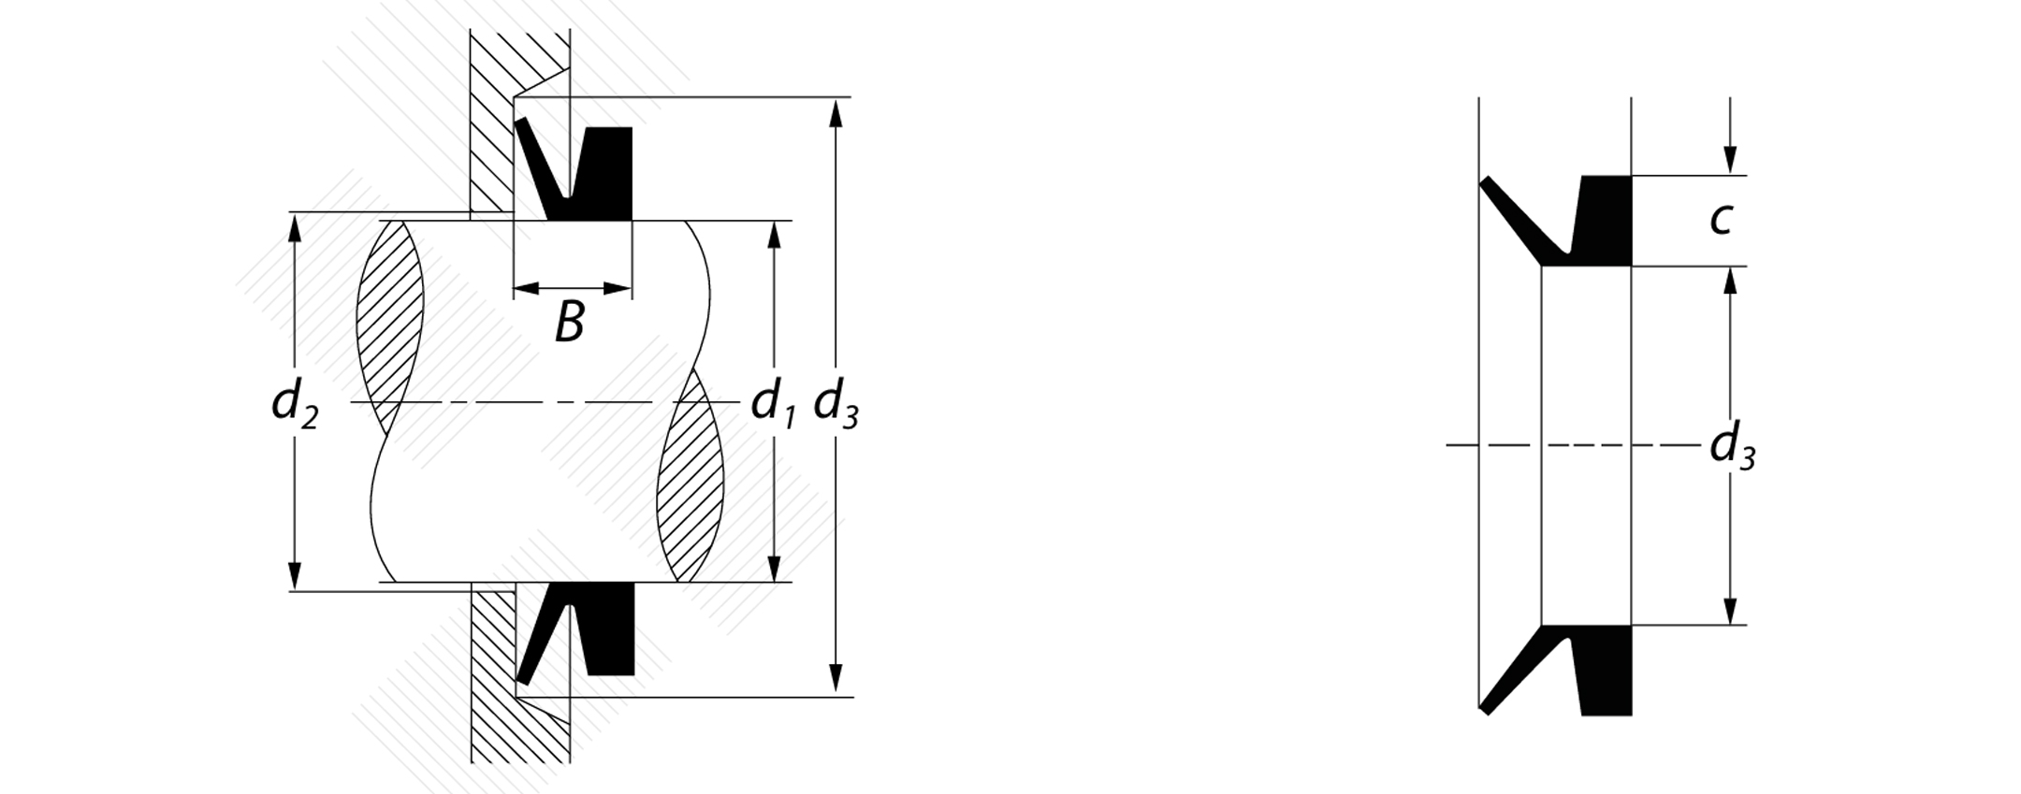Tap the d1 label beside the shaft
click(773, 404)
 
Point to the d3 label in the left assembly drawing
click(836, 404)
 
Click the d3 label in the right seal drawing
click(1732, 446)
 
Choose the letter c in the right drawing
click(1721, 220)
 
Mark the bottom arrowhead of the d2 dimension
click(295, 575)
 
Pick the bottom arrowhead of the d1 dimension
click(774, 567)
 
